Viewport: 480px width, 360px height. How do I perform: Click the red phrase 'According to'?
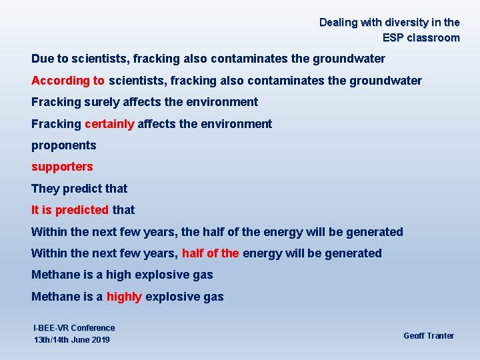[x=68, y=81]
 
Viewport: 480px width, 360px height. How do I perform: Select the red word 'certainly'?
[x=109, y=124]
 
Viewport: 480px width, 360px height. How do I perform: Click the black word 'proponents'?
[x=64, y=145]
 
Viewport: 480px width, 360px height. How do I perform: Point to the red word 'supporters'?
[x=62, y=167]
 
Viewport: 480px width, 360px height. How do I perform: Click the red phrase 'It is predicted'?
[x=70, y=210]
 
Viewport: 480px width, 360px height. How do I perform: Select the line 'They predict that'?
[x=79, y=189]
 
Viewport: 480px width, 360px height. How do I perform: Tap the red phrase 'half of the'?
[x=210, y=253]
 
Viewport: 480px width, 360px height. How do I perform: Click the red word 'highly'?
[x=124, y=297]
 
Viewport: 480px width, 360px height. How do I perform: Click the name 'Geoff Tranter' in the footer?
[x=429, y=336]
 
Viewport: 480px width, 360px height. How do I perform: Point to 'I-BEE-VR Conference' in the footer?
[x=74, y=328]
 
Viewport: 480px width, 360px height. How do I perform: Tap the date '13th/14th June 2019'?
[x=72, y=341]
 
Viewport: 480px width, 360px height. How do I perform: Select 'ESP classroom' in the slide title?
[x=421, y=38]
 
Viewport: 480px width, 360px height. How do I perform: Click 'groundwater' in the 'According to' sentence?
[x=388, y=81]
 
